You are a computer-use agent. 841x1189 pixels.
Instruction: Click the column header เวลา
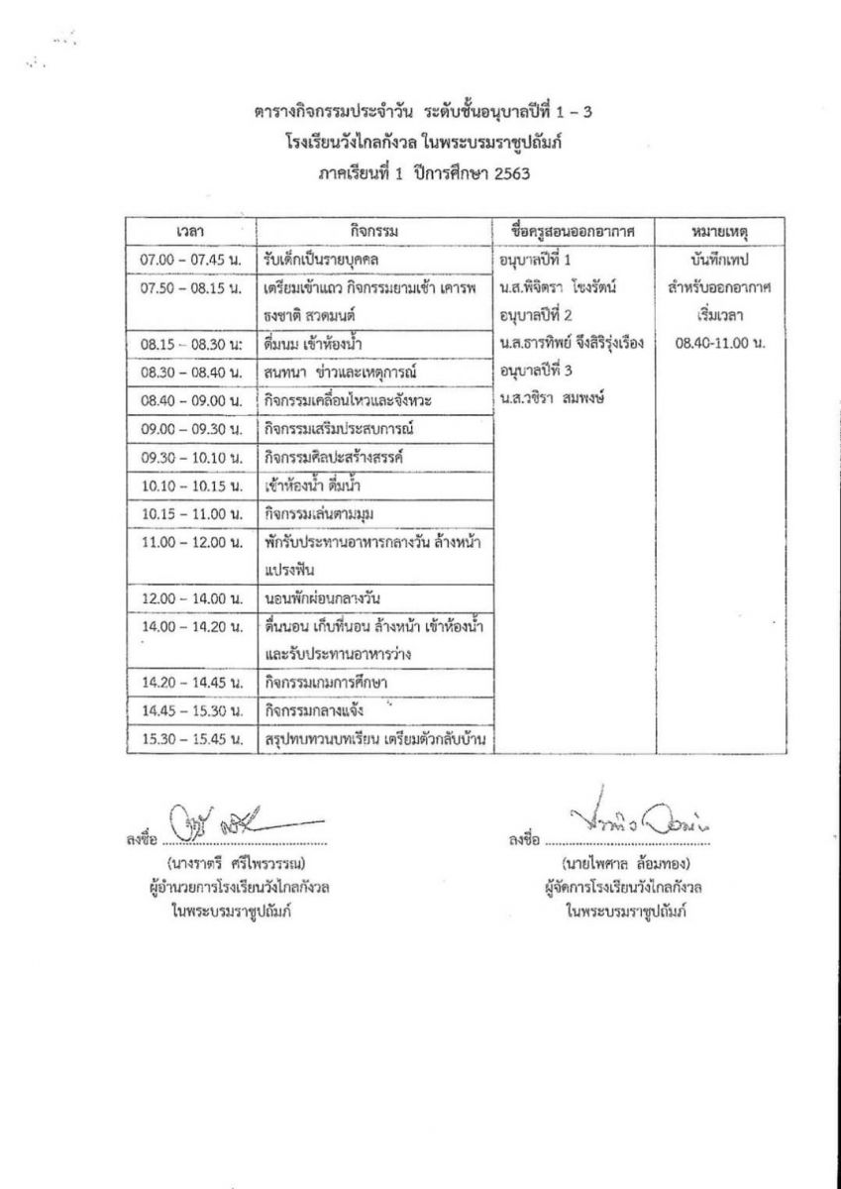[x=189, y=232]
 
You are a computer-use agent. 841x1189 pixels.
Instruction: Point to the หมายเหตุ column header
[x=720, y=232]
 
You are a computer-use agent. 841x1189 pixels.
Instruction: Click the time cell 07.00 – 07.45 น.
[x=191, y=260]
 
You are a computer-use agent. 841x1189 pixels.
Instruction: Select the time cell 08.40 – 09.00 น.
[x=191, y=400]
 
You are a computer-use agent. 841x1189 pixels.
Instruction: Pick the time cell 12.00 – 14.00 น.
[x=191, y=599]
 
